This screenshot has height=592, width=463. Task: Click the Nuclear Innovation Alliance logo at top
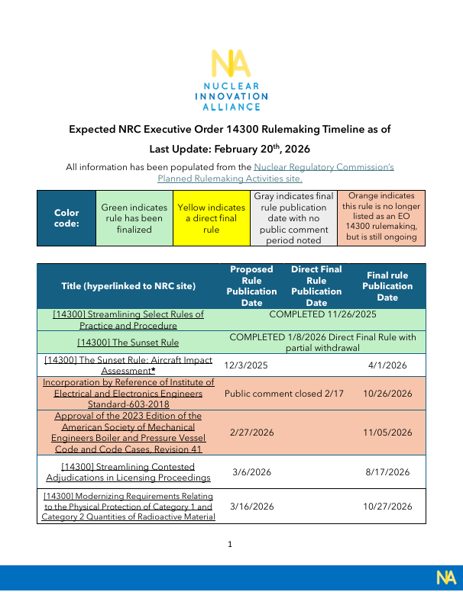(x=231, y=79)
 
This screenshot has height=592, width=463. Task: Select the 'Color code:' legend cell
(x=66, y=218)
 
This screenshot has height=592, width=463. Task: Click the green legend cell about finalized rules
(x=134, y=218)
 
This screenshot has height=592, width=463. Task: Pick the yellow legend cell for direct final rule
(x=211, y=218)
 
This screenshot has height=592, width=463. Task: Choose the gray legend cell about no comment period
(x=293, y=218)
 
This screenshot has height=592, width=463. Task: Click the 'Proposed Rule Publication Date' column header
(x=251, y=286)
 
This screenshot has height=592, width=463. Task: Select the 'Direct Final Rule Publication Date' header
(x=316, y=286)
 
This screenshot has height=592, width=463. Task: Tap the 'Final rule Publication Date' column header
(x=387, y=286)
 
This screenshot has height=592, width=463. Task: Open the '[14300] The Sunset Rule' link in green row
(x=128, y=342)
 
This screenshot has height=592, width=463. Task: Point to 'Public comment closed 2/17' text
(x=283, y=394)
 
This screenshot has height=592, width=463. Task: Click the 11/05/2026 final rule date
(x=388, y=433)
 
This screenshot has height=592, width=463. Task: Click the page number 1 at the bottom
(x=230, y=545)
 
